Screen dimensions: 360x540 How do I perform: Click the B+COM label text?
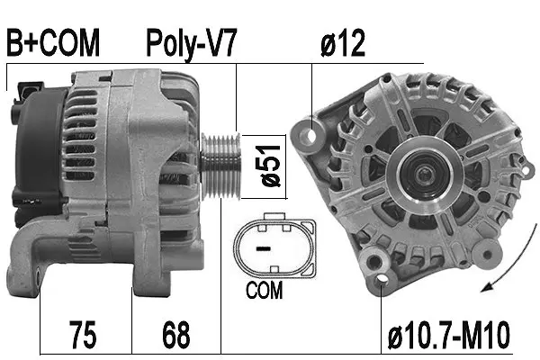pyautogui.click(x=52, y=42)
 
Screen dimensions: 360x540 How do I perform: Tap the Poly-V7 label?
pyautogui.click(x=191, y=42)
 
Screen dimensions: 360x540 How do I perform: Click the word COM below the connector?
pyautogui.click(x=264, y=291)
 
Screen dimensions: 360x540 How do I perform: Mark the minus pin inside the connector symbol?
pyautogui.click(x=263, y=244)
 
